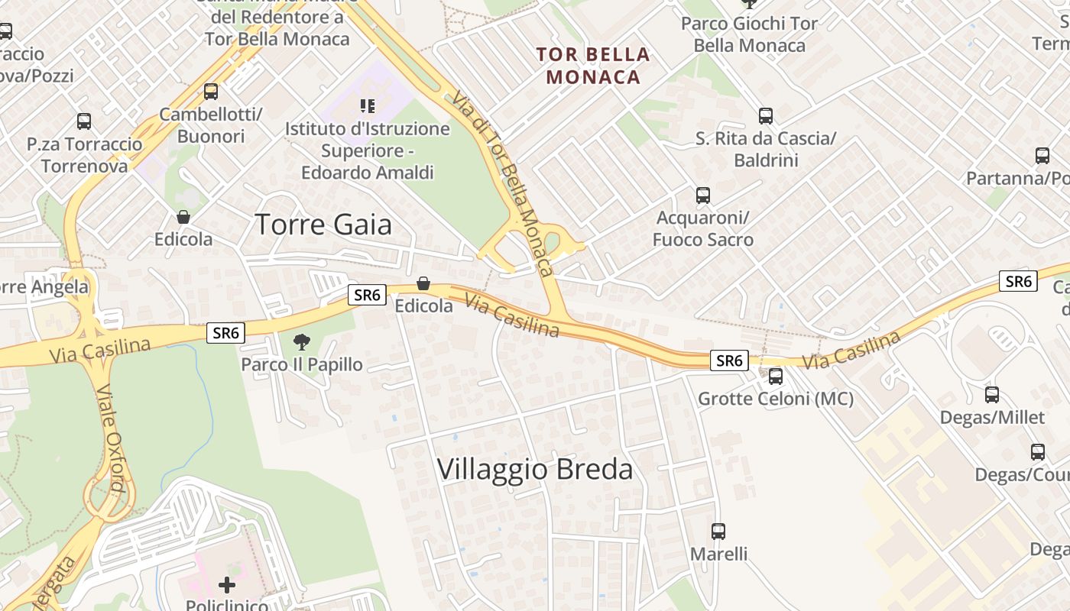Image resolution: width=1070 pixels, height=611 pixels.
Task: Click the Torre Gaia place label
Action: coord(323,225)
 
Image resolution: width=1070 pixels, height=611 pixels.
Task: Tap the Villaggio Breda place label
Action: coord(535,469)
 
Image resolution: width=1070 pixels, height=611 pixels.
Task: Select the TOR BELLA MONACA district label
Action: coord(593,66)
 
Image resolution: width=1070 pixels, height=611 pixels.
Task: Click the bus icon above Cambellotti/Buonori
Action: coord(211,92)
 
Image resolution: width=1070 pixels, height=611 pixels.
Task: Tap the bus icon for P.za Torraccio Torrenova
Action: coord(84,121)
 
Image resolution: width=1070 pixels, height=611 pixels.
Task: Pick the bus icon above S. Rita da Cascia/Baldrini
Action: coord(766,116)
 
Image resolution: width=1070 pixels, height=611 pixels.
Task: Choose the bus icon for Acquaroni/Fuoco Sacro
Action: coord(703,196)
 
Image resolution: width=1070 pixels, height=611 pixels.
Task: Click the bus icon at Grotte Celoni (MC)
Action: coord(776,376)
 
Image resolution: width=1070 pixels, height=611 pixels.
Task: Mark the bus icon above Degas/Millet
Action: coord(992,395)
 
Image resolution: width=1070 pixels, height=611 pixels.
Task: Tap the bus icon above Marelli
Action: coord(718,531)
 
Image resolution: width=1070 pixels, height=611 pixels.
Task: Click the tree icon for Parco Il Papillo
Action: coord(302,341)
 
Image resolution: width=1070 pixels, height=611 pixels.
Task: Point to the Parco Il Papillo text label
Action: coord(302,364)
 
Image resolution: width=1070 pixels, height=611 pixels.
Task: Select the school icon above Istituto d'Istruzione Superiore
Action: coord(368,106)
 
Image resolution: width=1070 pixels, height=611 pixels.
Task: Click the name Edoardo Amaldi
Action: coord(368,173)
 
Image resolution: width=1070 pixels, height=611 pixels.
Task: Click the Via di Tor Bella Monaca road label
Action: coord(501,183)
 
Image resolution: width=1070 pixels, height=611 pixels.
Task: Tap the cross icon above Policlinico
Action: coord(227,585)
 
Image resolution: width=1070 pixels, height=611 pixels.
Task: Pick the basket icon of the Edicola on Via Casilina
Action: coord(423,284)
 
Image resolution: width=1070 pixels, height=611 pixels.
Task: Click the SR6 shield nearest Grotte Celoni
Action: coord(728,360)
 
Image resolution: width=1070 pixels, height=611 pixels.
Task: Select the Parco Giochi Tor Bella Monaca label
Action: coord(749,34)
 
